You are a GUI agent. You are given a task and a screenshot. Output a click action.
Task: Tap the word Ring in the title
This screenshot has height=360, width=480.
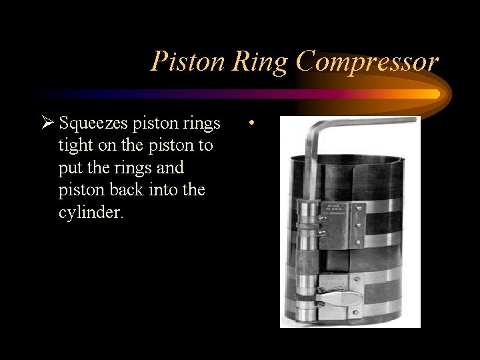click(x=260, y=62)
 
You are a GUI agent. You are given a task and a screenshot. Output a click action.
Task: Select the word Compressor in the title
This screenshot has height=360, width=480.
click(x=367, y=62)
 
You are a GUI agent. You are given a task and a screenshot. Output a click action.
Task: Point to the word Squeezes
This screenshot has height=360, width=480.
click(x=93, y=124)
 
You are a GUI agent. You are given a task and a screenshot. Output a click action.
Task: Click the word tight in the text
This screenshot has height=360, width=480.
click(x=74, y=145)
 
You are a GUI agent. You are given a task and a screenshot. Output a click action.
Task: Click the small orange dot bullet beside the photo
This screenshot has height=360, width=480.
click(x=251, y=124)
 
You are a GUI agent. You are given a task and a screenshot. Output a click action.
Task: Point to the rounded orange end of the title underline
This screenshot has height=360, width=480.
click(x=436, y=94)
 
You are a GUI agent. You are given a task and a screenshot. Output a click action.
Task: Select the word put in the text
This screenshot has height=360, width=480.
click(x=69, y=167)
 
